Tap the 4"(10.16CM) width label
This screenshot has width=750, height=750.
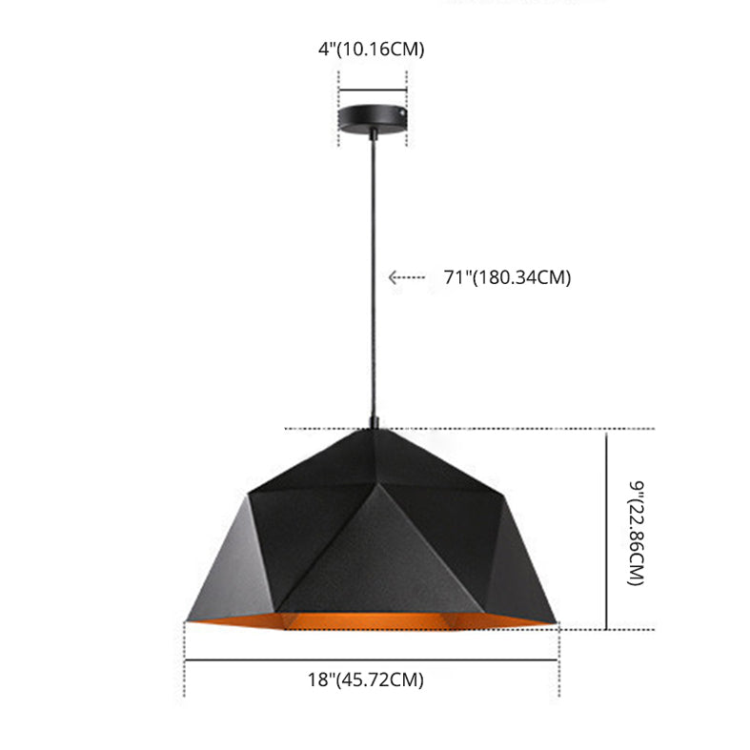pyautogui.click(x=372, y=50)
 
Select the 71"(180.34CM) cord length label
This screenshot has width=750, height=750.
pyautogui.click(x=507, y=278)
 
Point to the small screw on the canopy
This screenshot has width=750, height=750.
pyautogui.click(x=405, y=112)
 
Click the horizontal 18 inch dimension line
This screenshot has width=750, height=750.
pyautogui.click(x=371, y=659)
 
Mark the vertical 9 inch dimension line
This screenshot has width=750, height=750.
pyautogui.click(x=607, y=529)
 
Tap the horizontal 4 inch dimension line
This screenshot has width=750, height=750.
pyautogui.click(x=373, y=91)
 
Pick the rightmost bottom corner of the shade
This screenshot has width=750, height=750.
pyautogui.click(x=556, y=624)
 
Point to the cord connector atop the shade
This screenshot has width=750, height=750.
pyautogui.click(x=374, y=420)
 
